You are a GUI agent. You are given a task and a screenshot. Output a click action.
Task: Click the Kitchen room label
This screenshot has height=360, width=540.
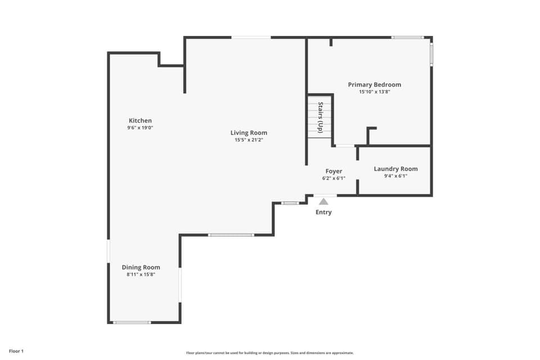140,120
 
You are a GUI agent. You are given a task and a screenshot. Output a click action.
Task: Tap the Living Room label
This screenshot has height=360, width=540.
249,133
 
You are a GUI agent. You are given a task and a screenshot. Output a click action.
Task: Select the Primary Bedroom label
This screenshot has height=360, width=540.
374,84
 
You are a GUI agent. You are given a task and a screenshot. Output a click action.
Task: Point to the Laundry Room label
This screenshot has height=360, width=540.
395,169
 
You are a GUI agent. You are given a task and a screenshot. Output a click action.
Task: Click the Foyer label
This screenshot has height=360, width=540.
334,171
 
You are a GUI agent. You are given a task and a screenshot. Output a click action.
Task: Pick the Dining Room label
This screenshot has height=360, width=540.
141,267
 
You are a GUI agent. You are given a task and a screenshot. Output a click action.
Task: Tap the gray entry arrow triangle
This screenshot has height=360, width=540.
323,201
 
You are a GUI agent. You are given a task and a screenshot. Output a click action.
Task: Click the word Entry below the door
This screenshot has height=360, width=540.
323,212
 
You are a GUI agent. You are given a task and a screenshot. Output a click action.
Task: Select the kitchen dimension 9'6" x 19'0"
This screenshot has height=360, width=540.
140,128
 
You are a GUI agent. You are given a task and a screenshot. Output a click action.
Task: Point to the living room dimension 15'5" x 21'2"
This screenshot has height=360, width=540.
249,139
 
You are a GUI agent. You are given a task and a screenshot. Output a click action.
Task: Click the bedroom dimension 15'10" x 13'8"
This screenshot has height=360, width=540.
374,92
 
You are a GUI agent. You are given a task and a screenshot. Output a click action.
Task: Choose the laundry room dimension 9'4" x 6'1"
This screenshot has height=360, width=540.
395,175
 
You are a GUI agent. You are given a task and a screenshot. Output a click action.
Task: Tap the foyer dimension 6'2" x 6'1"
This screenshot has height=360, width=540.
334,178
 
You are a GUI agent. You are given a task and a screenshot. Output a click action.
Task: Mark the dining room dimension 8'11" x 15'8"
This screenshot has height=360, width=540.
141,274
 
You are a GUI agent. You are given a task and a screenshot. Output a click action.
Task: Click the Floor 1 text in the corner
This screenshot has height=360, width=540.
16,351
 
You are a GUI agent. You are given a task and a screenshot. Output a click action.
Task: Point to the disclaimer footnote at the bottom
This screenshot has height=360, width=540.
270,353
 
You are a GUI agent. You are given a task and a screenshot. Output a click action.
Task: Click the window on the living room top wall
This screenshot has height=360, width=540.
251,38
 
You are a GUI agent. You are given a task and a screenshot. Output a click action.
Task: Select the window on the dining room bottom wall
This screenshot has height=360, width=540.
132,322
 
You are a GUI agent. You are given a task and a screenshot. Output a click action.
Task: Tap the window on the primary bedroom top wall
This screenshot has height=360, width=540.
408,38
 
